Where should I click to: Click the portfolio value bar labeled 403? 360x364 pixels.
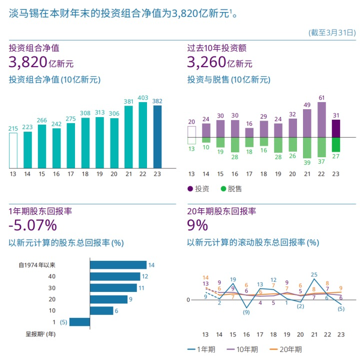pyautogui.click(x=142, y=135)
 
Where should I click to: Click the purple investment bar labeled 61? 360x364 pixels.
pyautogui.click(x=321, y=120)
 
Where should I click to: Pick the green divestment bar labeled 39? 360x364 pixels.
pyautogui.click(x=307, y=148)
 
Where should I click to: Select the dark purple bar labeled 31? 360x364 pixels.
pyautogui.click(x=336, y=129)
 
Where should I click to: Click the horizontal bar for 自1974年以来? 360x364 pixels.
pyautogui.click(x=118, y=265)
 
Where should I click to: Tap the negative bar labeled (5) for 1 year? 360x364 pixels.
pyautogui.click(x=79, y=322)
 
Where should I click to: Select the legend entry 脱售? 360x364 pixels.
pyautogui.click(x=230, y=189)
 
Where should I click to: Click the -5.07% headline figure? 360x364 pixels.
pyautogui.click(x=32, y=225)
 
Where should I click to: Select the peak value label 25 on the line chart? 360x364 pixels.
pyautogui.click(x=314, y=274)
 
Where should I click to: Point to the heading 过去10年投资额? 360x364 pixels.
pyautogui.click(x=216, y=49)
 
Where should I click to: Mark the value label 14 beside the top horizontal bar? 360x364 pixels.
pyautogui.click(x=151, y=265)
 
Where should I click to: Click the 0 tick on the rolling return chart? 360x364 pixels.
pyautogui.click(x=188, y=300)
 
